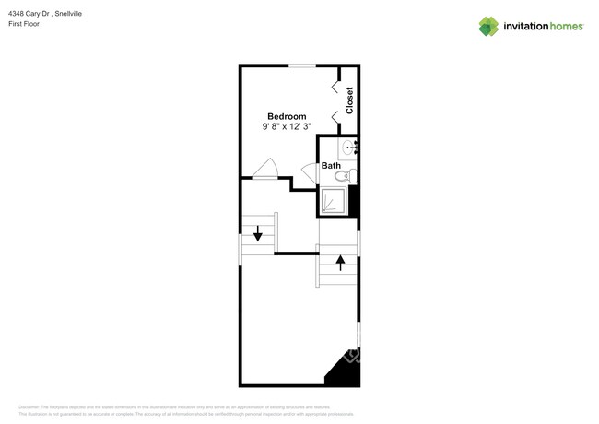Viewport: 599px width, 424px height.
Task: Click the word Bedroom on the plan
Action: point(287,116)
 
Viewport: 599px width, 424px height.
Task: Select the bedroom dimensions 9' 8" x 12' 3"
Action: point(287,126)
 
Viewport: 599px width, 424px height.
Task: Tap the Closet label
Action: point(349,100)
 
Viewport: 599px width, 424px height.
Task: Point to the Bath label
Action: point(331,166)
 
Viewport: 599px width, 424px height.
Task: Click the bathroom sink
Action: point(350,147)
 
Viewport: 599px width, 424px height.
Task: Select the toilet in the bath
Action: point(344,175)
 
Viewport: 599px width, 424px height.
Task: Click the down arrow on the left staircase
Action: point(257,236)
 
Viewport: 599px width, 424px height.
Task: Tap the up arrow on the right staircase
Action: point(340,263)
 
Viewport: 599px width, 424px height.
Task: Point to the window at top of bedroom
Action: point(302,65)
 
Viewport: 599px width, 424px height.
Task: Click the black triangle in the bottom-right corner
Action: point(345,371)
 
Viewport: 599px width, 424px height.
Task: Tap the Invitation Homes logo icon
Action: point(488,26)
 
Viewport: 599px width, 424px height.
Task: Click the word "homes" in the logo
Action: point(564,27)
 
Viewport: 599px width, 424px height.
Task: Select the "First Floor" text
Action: point(25,23)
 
